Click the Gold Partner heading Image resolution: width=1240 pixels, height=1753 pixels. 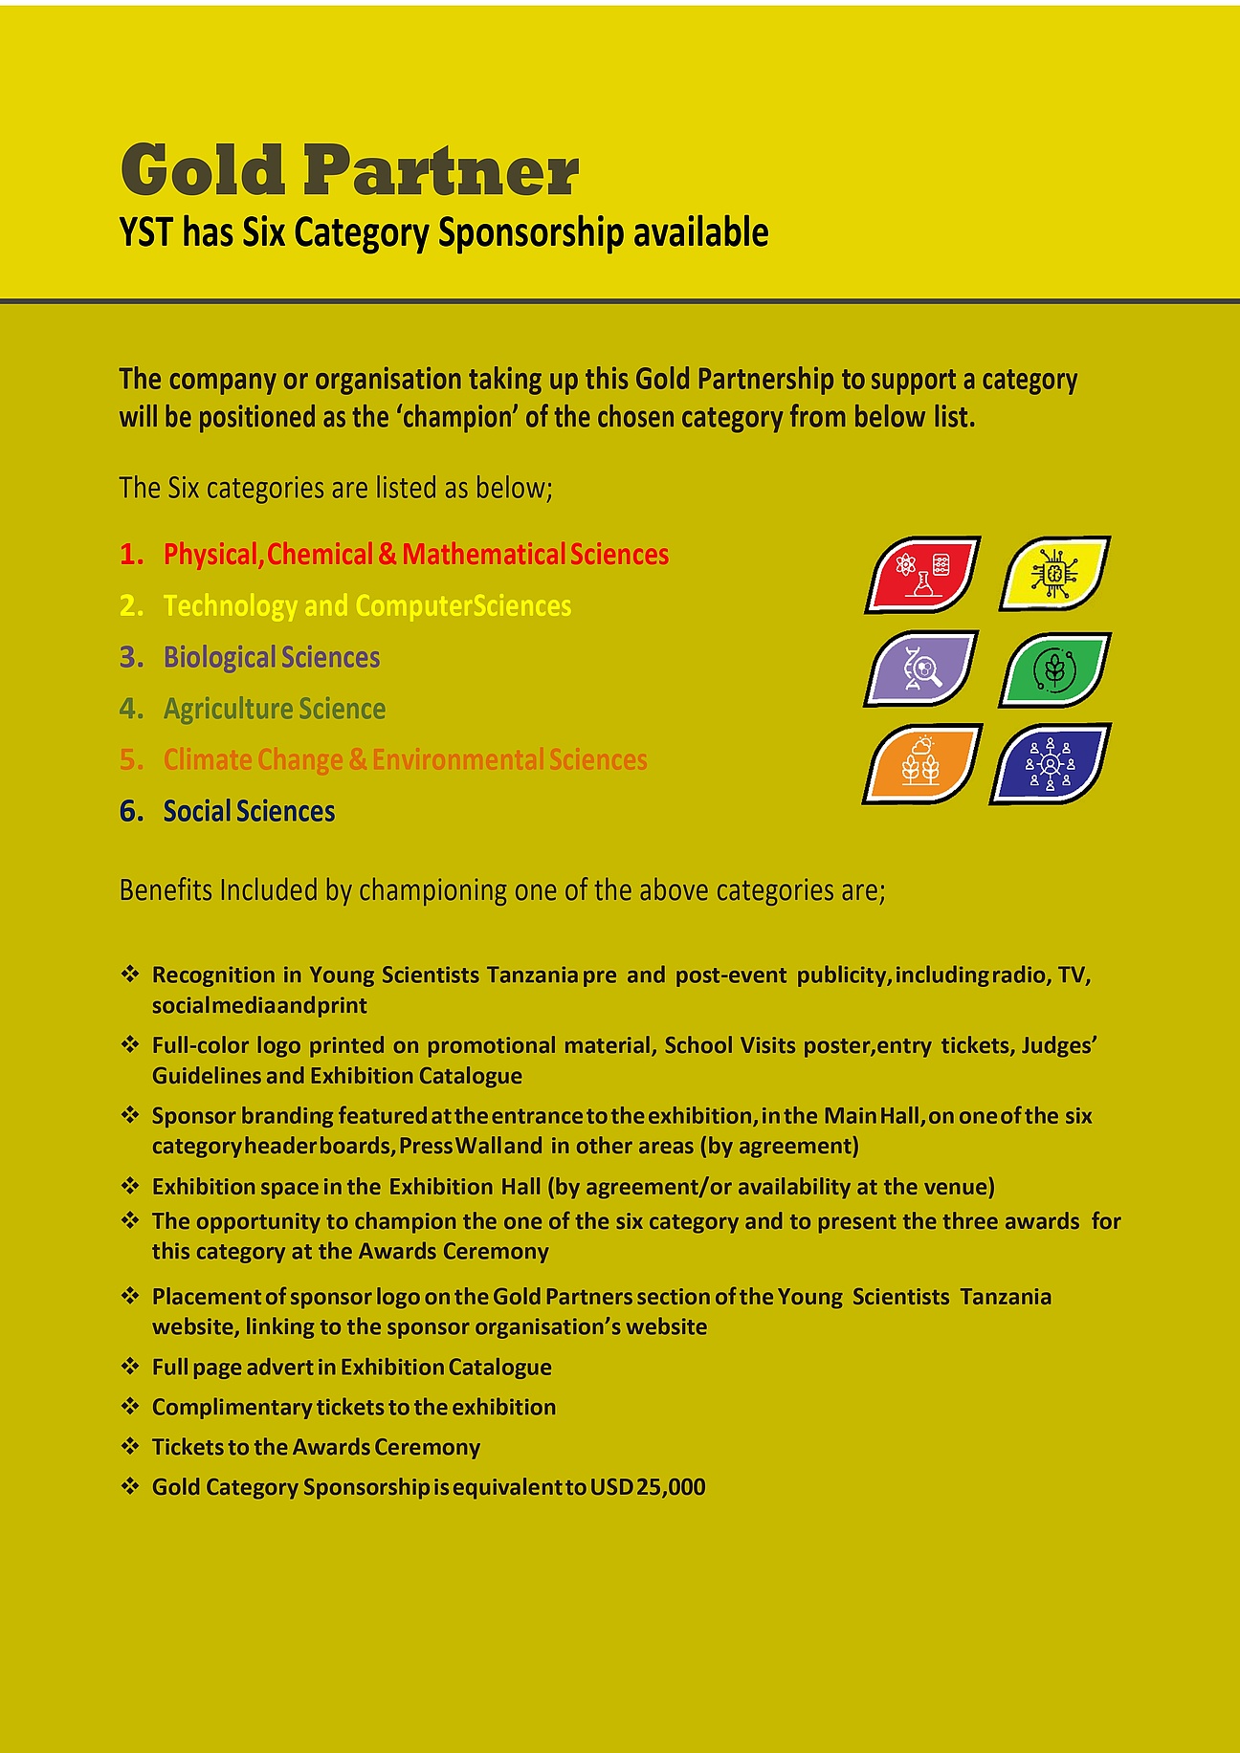coord(349,170)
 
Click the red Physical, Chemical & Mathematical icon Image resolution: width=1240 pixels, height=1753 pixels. coord(922,574)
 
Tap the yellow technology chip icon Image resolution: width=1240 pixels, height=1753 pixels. coord(1054,574)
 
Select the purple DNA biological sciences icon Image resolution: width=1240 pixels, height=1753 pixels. coord(921,668)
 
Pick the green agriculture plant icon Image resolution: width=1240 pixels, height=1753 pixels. coord(1054,669)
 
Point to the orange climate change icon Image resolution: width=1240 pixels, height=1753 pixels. coord(921,763)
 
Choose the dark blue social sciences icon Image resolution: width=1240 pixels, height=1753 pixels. coord(1051,764)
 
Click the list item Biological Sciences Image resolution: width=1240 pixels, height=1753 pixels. coord(272,658)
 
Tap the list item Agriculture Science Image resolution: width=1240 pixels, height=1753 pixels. coord(275,710)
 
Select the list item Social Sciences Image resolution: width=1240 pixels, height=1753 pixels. coord(249,812)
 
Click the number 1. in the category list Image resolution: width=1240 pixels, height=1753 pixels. coord(132,555)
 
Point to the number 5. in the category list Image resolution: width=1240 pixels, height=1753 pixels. coord(132,760)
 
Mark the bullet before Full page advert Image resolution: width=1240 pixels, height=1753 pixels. coord(130,1367)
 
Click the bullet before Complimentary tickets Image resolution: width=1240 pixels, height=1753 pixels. coord(130,1407)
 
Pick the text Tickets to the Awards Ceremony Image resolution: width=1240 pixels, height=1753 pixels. coord(316,1447)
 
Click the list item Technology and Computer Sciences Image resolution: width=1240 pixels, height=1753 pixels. coord(367,606)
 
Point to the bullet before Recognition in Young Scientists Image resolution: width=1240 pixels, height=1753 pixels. coord(130,975)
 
